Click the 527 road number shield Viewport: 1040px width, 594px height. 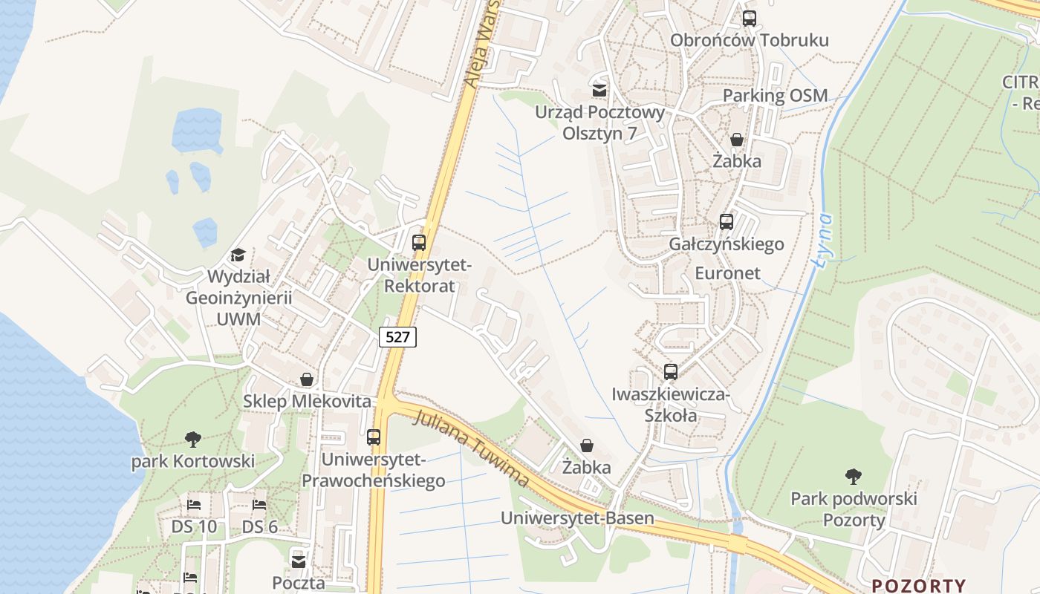pos(397,336)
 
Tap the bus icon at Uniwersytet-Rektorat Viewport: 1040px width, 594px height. pos(419,242)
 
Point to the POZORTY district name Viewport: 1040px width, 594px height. pos(918,585)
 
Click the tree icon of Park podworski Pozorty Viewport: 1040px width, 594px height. pos(853,477)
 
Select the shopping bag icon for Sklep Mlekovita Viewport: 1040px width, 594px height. pos(306,380)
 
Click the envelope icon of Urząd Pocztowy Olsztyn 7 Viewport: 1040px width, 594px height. pos(599,91)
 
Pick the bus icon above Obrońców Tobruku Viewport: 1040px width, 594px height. pos(749,19)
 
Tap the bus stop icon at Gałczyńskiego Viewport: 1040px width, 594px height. pos(726,221)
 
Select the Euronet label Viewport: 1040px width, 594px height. pos(727,273)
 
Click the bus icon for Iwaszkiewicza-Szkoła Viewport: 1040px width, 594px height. pos(670,372)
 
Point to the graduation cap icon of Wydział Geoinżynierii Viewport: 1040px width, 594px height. pos(238,255)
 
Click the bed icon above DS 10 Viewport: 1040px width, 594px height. pos(194,505)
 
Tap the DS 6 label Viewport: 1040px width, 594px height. pos(259,526)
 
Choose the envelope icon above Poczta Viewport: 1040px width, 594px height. pos(299,561)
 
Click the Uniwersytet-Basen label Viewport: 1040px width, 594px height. pos(577,518)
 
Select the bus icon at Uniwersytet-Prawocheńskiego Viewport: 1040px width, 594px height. pos(373,437)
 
